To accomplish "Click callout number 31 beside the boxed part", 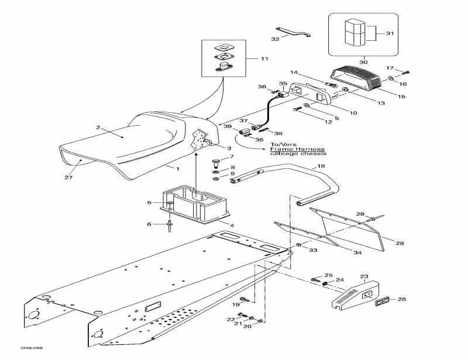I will pyautogui.click(x=390, y=33).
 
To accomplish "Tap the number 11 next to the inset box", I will pyautogui.click(x=264, y=59).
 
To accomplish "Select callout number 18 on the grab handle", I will pyautogui.click(x=320, y=167).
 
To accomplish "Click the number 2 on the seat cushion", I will pyautogui.click(x=98, y=127).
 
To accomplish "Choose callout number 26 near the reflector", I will pyautogui.click(x=401, y=300).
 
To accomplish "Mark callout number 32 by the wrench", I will pyautogui.click(x=276, y=39).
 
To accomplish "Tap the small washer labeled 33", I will pyautogui.click(x=299, y=244).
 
